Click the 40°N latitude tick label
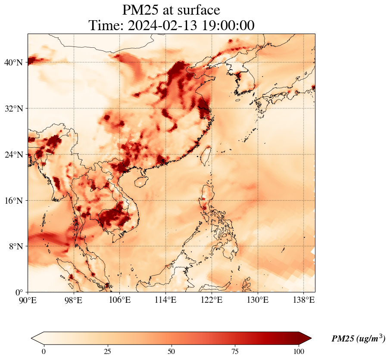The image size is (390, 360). pyautogui.click(x=13, y=62)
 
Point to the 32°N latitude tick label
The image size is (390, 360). pyautogui.click(x=13, y=109)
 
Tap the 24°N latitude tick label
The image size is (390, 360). pyautogui.click(x=13, y=155)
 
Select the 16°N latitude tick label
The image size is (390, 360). pyautogui.click(x=13, y=201)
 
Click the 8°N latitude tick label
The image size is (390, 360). pyautogui.click(x=16, y=246)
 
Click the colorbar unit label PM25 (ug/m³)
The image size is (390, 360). pyautogui.click(x=358, y=339)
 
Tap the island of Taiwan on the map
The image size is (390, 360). pyautogui.click(x=206, y=155)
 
